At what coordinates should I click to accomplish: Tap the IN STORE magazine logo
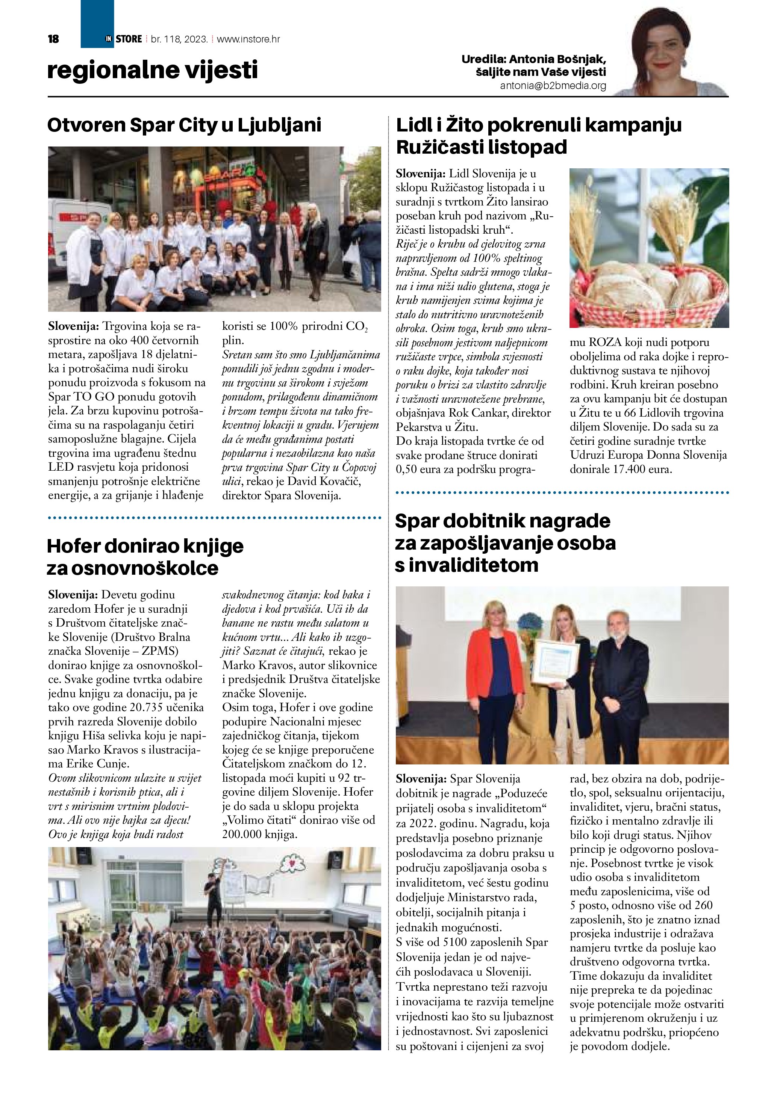[x=124, y=39]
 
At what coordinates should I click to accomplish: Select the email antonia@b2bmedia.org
[x=553, y=86]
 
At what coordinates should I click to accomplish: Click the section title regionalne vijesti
[x=152, y=70]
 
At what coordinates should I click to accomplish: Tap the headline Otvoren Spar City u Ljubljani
[x=184, y=125]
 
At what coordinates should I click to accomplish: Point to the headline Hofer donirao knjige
[x=145, y=546]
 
